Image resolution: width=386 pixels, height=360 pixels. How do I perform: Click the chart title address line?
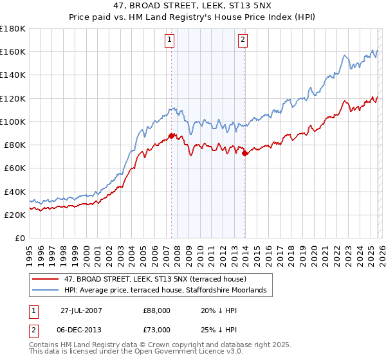click(x=193, y=6)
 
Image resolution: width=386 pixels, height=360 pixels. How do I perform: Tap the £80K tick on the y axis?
click(x=15, y=145)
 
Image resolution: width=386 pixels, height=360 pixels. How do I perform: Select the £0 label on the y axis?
click(x=20, y=238)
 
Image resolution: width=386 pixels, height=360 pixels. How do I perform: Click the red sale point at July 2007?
click(x=172, y=135)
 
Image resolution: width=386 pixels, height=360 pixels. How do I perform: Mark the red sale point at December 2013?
click(x=244, y=153)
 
